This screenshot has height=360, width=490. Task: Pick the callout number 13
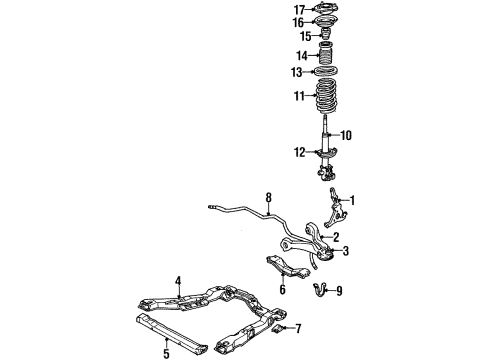click(297, 71)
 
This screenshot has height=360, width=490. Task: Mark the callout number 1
click(351, 199)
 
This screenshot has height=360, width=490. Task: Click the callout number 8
click(268, 199)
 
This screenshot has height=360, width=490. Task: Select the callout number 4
click(179, 281)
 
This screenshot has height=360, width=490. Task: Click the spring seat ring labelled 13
click(326, 72)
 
